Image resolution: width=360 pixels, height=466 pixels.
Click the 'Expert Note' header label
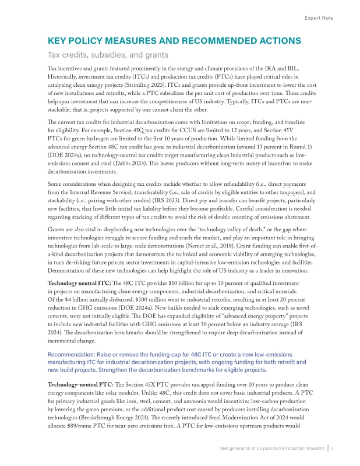click(x=319, y=18)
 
